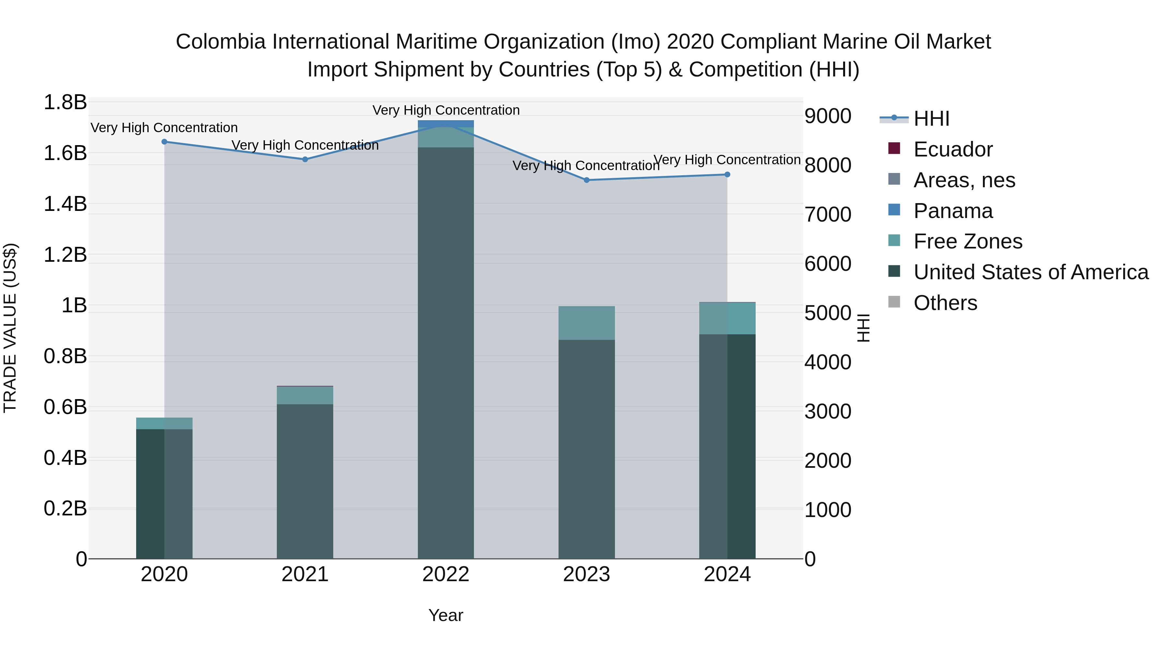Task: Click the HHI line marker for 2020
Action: (164, 142)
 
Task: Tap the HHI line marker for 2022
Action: (446, 125)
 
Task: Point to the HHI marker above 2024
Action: (727, 174)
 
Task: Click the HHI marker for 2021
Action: (305, 159)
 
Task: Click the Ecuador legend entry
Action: (953, 149)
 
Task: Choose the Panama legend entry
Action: (953, 211)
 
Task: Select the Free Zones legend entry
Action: (968, 241)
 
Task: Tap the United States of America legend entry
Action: (1031, 272)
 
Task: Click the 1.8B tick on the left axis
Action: (65, 102)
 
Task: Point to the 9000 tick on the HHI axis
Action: (828, 116)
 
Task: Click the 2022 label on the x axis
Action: (446, 574)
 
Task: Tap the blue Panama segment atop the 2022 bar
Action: (446, 123)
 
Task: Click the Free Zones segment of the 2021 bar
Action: (305, 395)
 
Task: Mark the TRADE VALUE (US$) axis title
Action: (10, 328)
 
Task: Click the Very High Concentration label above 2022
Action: (446, 110)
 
